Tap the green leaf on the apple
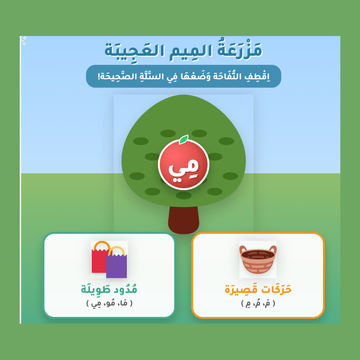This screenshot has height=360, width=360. pos(184,139)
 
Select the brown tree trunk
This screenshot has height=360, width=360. pos(183,220)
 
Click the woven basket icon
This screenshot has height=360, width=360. pos(258,259)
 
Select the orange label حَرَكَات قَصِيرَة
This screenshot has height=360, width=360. pos(258,289)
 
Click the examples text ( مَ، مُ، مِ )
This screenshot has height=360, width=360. pos(258,304)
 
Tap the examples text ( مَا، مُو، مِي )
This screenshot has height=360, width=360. pos(109,304)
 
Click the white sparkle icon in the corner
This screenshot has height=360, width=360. pos(24,40)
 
